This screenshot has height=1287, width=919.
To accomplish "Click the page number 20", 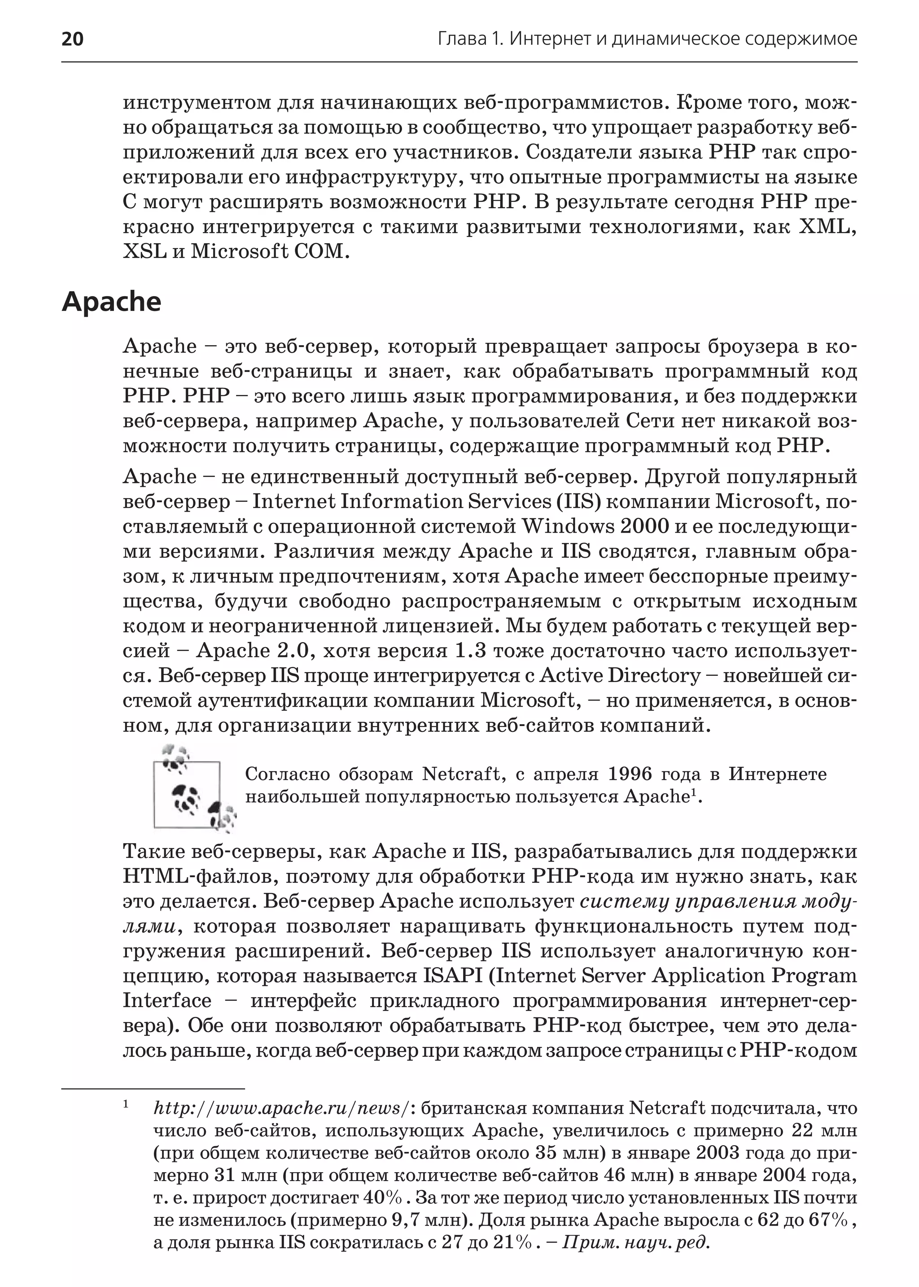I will (72, 39).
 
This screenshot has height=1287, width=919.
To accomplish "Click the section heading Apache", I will (111, 302).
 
